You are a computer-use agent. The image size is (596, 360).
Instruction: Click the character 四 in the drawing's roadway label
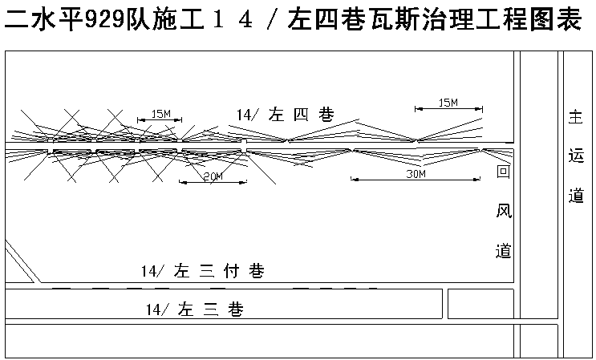coord(300,115)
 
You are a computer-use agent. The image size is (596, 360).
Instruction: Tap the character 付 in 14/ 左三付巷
coord(232,272)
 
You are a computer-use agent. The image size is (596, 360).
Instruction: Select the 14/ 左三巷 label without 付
coord(194,309)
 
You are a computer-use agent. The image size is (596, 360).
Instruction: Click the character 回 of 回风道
coord(503,172)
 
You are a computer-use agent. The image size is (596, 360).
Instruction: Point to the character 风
coord(503,212)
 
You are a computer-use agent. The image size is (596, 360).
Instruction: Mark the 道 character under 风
coord(503,251)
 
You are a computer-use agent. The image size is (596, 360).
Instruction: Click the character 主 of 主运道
coord(575,117)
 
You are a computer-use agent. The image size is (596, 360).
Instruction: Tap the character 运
coord(575,156)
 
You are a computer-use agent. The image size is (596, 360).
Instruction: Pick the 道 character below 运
coord(575,195)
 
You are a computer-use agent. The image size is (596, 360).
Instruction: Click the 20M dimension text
coord(213,176)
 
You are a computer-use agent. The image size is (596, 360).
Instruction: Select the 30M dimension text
coord(415,173)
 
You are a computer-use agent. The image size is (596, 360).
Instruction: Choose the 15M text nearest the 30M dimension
coord(448,102)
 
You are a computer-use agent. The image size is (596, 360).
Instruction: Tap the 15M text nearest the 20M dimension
coord(160,115)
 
